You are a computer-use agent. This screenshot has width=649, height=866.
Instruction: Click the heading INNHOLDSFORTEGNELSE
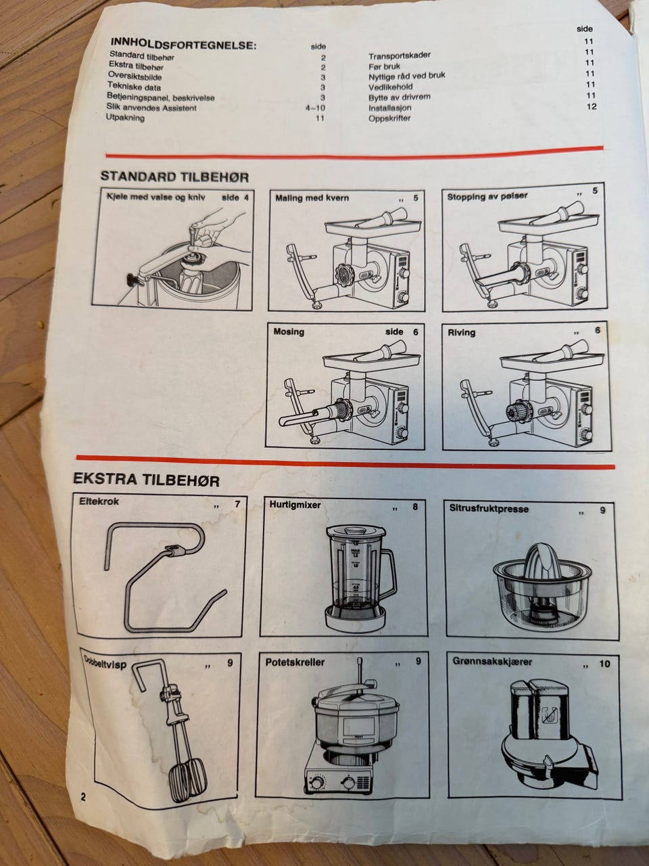183,43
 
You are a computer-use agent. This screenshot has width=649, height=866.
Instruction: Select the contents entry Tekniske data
135,87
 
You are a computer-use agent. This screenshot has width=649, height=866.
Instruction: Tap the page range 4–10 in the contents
315,108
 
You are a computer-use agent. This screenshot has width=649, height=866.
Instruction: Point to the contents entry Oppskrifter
389,118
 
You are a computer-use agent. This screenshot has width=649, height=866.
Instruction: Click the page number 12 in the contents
591,106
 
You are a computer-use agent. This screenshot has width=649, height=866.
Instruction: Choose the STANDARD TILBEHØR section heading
174,177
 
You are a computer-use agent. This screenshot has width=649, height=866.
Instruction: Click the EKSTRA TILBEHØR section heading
146,480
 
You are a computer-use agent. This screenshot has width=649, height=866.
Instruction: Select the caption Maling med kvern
312,198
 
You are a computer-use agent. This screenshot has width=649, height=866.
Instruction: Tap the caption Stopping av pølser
487,196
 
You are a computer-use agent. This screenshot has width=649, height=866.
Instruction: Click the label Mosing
289,332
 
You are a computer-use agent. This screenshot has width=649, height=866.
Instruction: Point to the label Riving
462,333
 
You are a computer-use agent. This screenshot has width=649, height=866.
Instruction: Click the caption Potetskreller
295,662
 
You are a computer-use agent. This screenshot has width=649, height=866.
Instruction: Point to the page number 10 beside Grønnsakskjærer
604,664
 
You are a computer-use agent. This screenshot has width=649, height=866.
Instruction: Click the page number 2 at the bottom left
83,796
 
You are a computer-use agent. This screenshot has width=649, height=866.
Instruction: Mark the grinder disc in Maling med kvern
346,272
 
